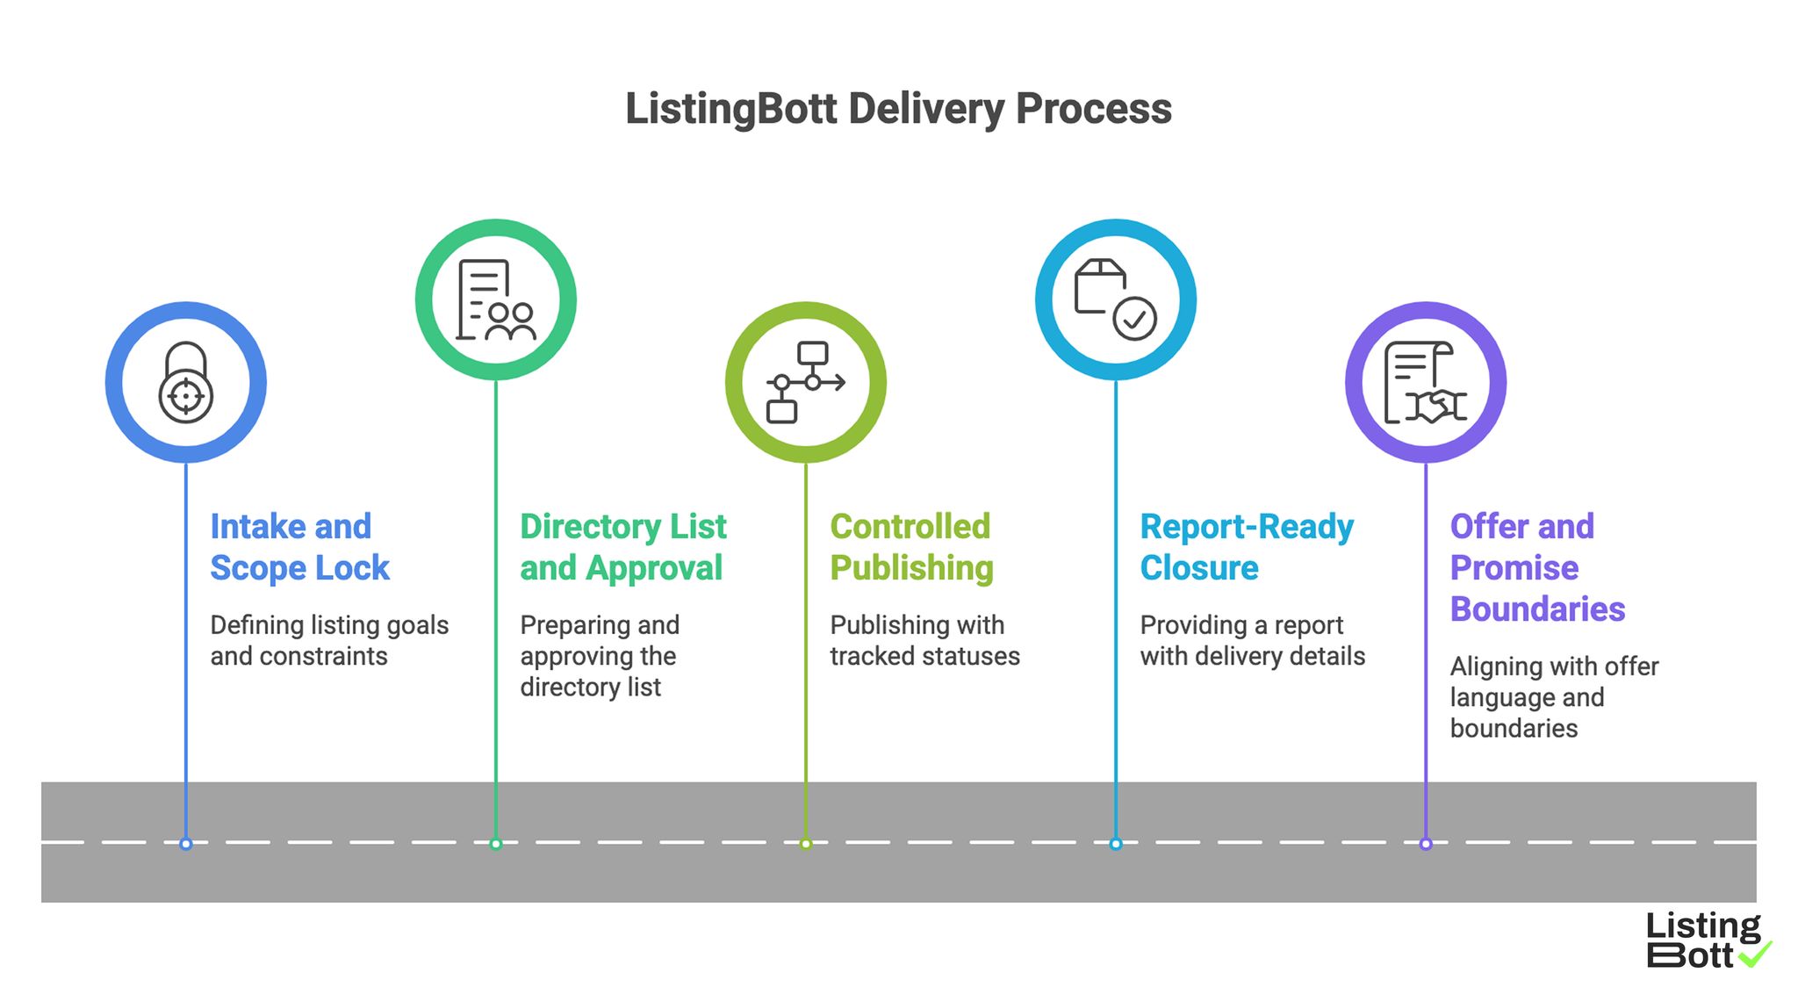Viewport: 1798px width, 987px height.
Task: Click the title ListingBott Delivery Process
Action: coord(898,109)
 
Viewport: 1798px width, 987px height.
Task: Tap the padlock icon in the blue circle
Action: coord(185,383)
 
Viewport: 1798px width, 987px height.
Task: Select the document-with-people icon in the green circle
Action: coord(496,299)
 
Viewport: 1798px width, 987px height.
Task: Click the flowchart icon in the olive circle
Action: coord(805,383)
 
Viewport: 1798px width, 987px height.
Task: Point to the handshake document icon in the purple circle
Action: coord(1425,383)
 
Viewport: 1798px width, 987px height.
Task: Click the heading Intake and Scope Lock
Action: coord(298,547)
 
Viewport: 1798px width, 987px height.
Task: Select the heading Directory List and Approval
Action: coord(622,547)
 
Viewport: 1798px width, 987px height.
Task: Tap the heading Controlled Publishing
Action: coord(911,547)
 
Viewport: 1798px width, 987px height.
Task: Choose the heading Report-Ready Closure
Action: coord(1246,547)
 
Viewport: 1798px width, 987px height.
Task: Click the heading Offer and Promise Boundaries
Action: coord(1536,567)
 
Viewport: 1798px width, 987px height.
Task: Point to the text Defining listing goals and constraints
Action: coord(328,640)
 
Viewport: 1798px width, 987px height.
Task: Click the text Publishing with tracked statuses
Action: coord(924,640)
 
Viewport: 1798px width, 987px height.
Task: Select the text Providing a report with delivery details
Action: coord(1252,640)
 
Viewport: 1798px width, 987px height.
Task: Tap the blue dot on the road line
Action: coord(185,844)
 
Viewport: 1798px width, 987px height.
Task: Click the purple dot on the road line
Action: coord(1425,844)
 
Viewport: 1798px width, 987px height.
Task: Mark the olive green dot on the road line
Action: coord(805,844)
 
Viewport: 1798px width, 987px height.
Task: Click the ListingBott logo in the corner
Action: coord(1703,940)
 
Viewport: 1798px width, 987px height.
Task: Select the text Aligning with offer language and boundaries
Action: coord(1553,697)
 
